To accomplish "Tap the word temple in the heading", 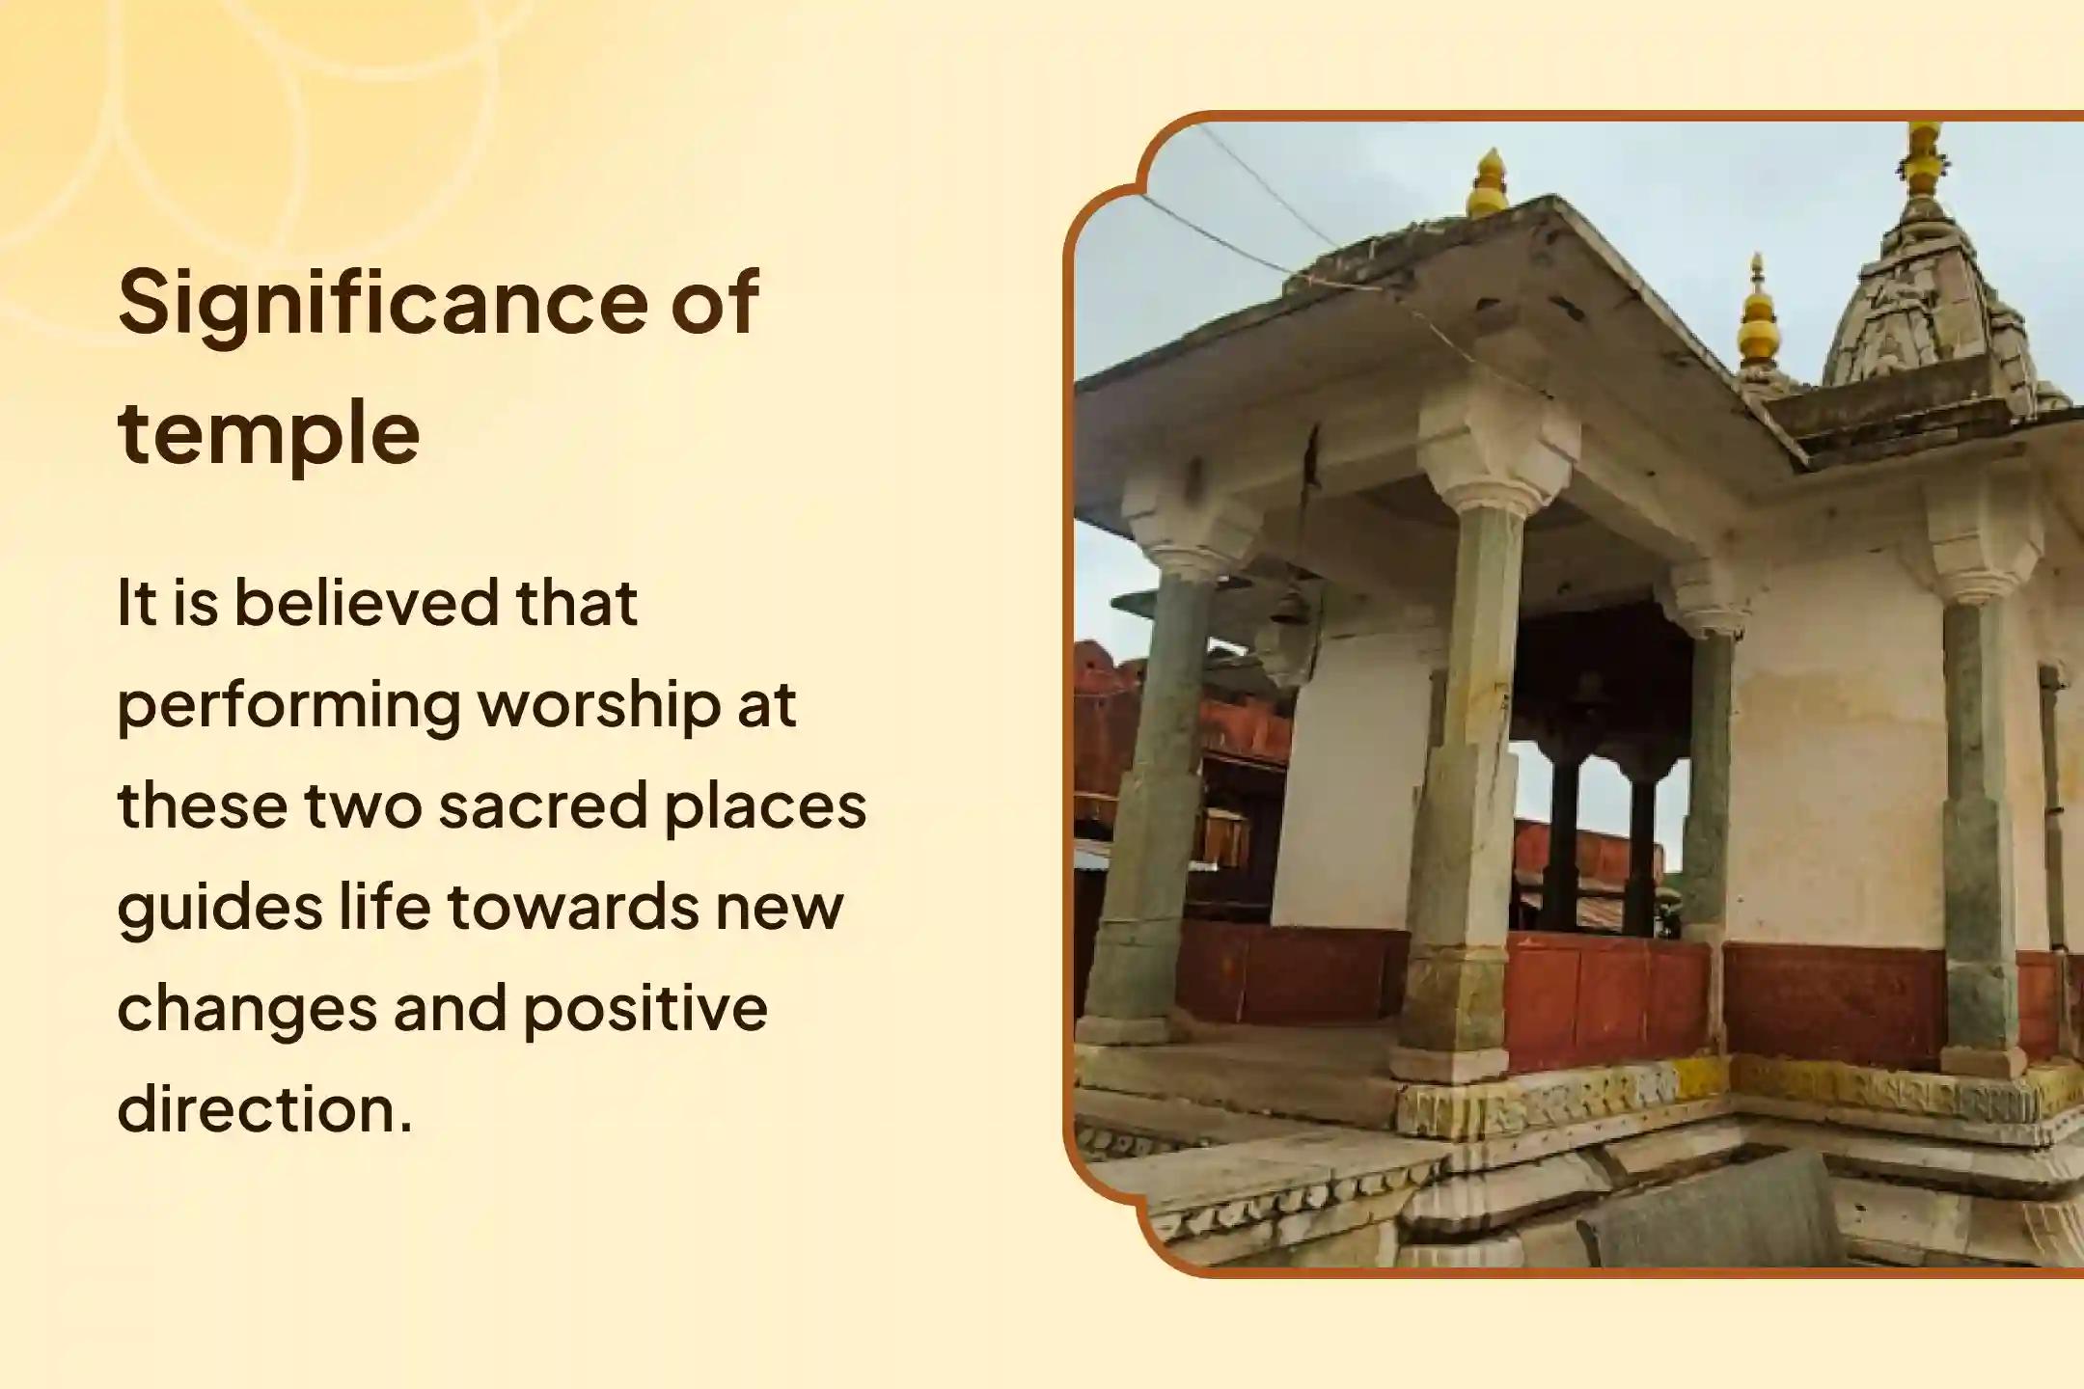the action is tap(269, 432).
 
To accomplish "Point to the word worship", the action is tap(600, 706).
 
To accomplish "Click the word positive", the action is tap(645, 1010).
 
